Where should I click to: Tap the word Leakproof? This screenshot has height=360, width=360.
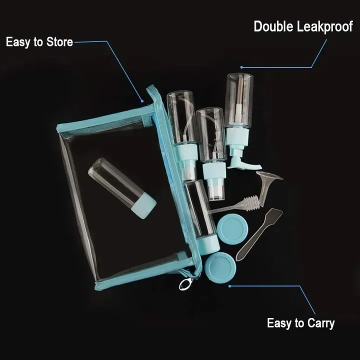325,27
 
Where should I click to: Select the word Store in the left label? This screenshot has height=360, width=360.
59,42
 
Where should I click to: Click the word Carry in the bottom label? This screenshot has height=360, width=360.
321,323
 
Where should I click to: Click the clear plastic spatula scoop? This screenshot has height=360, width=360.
259,234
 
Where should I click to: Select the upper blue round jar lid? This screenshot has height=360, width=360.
232,229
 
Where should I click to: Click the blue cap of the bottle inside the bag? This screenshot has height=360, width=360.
144,205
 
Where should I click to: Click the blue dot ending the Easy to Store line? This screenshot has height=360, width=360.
142,101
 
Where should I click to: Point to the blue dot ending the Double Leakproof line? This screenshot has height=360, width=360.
241,67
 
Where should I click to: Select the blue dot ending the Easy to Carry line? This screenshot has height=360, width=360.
229,286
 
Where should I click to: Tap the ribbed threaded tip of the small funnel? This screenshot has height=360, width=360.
254,201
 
